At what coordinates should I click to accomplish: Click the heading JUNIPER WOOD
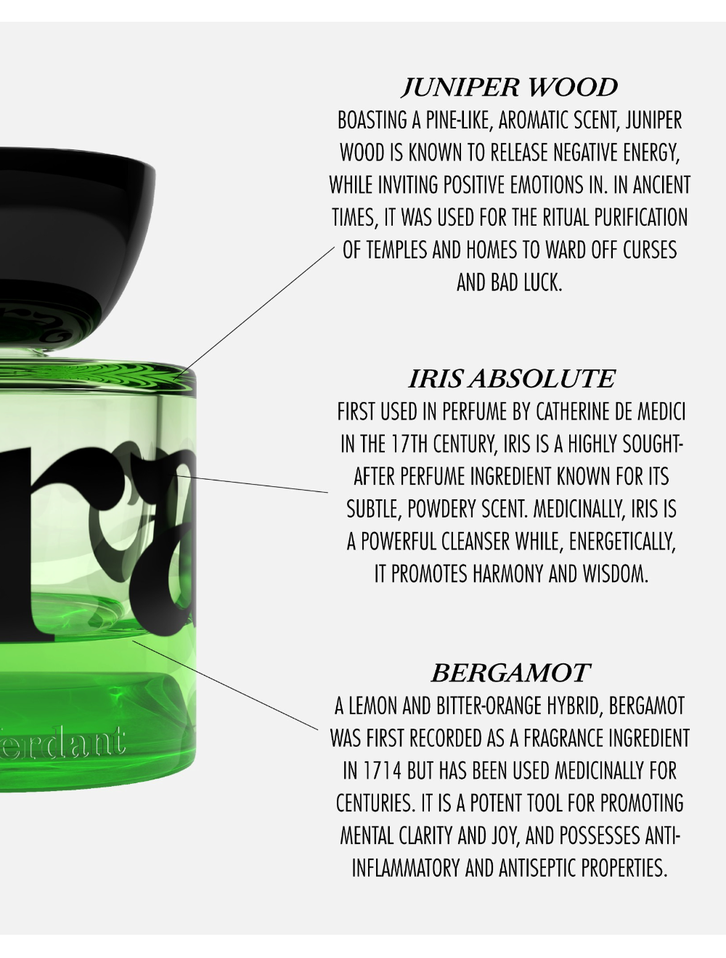pyautogui.click(x=510, y=87)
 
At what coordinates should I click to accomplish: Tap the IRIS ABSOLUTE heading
pyautogui.click(x=511, y=379)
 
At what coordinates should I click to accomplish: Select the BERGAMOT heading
pyautogui.click(x=510, y=673)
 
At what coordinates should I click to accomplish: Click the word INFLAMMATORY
pyautogui.click(x=406, y=868)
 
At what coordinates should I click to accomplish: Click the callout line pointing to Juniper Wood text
pyautogui.click(x=255, y=312)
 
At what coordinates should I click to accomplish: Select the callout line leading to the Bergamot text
pyautogui.click(x=225, y=685)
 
